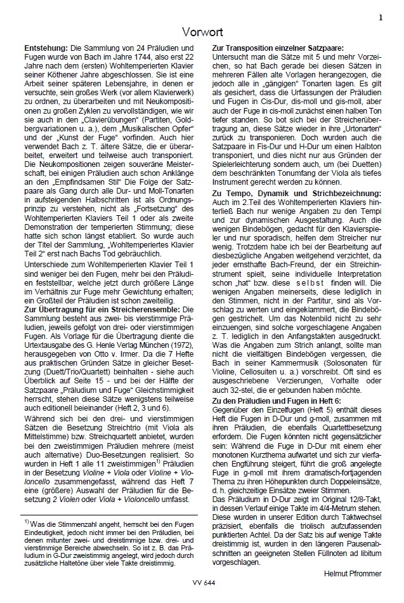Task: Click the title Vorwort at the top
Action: (202, 30)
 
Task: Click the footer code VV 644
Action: (202, 581)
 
